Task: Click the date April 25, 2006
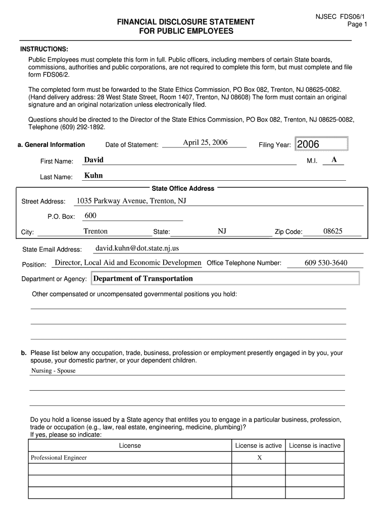[205, 142]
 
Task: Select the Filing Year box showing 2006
[321, 144]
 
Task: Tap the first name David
[93, 160]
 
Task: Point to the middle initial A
[334, 160]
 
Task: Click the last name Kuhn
[93, 176]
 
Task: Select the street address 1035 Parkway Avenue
[131, 201]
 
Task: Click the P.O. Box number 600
[90, 216]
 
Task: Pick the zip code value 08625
[333, 231]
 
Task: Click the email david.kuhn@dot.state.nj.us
[137, 248]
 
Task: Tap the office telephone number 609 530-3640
[326, 263]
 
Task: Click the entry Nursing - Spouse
[53, 371]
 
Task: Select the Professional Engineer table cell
[59, 458]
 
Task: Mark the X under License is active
[259, 458]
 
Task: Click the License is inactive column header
[315, 445]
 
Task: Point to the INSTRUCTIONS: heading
[44, 49]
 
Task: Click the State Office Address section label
[183, 188]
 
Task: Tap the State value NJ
[222, 231]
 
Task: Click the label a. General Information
[51, 145]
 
